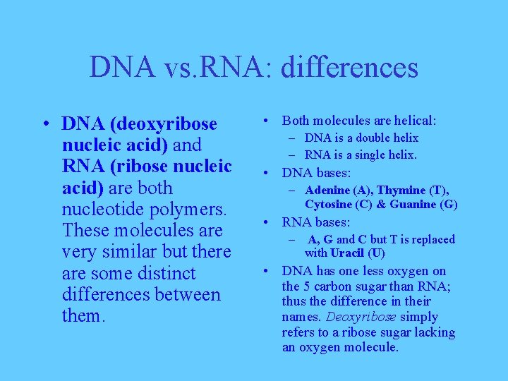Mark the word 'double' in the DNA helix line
tap(375, 138)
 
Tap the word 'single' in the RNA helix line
tap(377, 155)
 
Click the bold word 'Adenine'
tap(327, 190)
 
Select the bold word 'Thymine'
tap(401, 190)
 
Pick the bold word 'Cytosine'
tap(329, 205)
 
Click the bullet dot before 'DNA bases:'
tap(270, 173)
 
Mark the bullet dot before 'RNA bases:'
tap(270, 222)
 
